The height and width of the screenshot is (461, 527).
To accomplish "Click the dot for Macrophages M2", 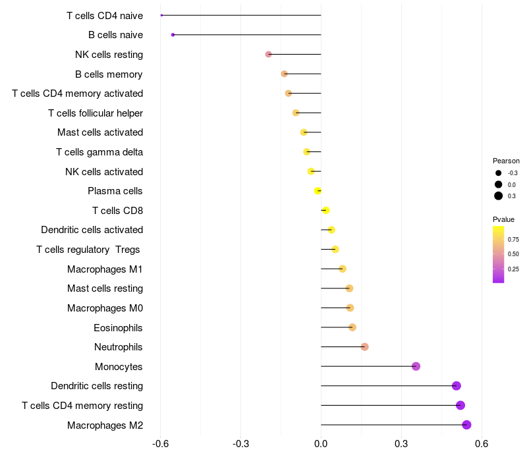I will [466, 425].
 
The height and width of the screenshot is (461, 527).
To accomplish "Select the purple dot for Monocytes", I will [416, 366].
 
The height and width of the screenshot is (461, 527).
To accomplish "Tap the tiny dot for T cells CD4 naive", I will [161, 15].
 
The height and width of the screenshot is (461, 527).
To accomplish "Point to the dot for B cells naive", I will [173, 35].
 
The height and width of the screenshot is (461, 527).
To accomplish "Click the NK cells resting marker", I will [268, 54].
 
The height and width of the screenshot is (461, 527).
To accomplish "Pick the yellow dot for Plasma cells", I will [318, 191].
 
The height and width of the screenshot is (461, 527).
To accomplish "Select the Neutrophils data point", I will [364, 347].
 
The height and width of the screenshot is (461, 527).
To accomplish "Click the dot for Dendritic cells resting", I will [457, 386].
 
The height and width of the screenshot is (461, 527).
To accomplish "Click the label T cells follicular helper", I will [96, 113].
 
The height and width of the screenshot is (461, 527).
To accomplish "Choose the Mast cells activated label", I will [100, 132].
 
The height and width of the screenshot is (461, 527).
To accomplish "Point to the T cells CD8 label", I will [117, 211].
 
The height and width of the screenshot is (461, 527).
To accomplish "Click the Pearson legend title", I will [506, 161].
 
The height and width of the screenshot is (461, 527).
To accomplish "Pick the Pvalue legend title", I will [504, 219].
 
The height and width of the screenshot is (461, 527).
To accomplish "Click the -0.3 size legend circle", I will [499, 173].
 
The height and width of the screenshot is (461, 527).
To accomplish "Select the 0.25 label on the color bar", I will [513, 269].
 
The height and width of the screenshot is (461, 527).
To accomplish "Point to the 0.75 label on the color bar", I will [513, 239].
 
